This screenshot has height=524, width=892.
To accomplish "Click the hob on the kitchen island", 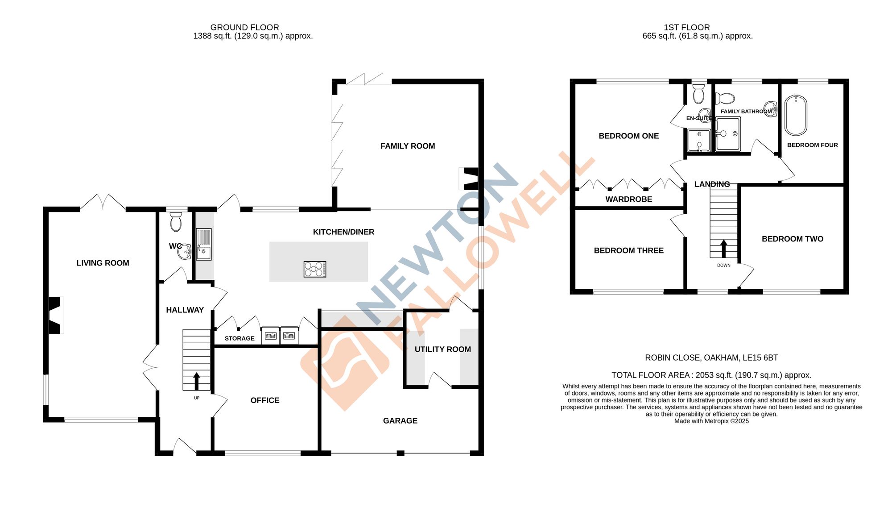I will point(315,269).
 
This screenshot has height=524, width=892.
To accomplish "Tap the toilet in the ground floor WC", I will point(176,222).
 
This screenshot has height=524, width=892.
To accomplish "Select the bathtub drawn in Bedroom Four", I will point(796,115).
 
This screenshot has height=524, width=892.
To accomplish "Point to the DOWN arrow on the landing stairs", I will point(723,249).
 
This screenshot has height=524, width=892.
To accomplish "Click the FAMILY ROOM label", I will point(407,146).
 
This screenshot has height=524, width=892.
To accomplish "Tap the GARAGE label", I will point(400,420).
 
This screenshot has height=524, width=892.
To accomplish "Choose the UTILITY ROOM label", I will point(442,349).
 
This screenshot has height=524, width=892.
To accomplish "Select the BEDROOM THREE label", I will point(628,250).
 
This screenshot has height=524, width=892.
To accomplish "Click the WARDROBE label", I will point(628,199).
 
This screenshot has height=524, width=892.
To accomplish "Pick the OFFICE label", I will point(265,400).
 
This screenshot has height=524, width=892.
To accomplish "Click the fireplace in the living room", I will point(55,315).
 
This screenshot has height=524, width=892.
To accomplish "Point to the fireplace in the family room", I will point(470,179).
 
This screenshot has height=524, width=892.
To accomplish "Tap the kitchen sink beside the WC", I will point(204,244).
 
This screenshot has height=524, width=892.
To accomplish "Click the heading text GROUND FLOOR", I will point(244,27).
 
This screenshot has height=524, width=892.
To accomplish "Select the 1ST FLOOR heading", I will point(686,27).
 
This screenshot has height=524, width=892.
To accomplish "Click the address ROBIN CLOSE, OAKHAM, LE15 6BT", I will point(711,358).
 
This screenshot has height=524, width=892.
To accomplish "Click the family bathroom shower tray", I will point(728,134).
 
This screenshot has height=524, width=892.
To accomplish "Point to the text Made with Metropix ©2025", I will point(711,421).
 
